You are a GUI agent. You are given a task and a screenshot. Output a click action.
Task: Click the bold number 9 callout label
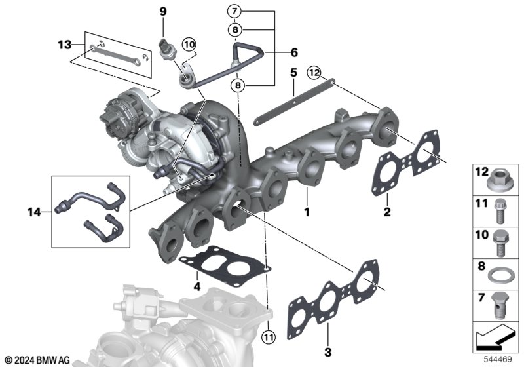pos(162,12)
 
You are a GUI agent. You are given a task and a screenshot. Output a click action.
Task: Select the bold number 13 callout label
pos(65,45)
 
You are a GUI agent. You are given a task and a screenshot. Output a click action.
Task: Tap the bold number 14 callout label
pos(34,212)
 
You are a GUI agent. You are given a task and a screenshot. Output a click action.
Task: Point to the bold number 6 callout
pos(294,52)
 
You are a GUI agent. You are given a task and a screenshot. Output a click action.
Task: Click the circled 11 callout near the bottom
pos(269,337)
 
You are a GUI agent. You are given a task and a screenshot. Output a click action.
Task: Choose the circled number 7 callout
pos(234,11)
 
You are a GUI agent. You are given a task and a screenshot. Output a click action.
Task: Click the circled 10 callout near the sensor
pos(189,44)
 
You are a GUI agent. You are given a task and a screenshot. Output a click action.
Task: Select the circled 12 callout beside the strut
pos(314,73)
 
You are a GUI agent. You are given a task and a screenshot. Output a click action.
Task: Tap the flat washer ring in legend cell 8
pos(498,277)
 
